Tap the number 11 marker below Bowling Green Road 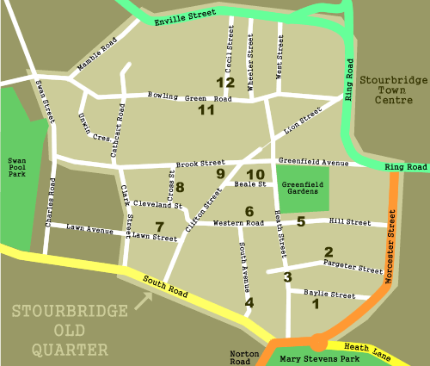click(x=206, y=110)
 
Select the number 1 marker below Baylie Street click(x=315, y=303)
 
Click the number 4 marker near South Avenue click(x=249, y=302)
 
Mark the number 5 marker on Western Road click(x=301, y=221)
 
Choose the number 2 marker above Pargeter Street click(x=328, y=251)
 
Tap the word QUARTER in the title click(x=67, y=350)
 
